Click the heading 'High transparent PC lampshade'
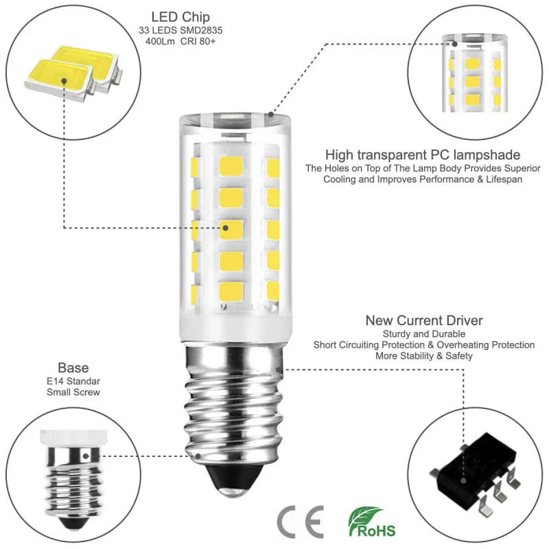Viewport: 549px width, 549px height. click(x=423, y=155)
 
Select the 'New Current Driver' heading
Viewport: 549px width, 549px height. click(x=423, y=320)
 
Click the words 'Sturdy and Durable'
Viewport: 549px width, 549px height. click(x=423, y=334)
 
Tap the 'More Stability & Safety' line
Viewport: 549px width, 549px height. click(x=423, y=355)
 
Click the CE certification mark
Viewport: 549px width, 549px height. click(x=300, y=524)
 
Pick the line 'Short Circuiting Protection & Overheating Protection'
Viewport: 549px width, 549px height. click(x=423, y=344)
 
